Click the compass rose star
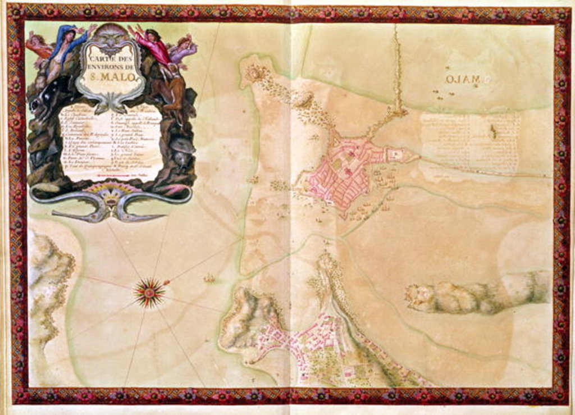click(149, 291)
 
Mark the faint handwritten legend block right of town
click(471, 143)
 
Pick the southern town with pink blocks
click(314, 343)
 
